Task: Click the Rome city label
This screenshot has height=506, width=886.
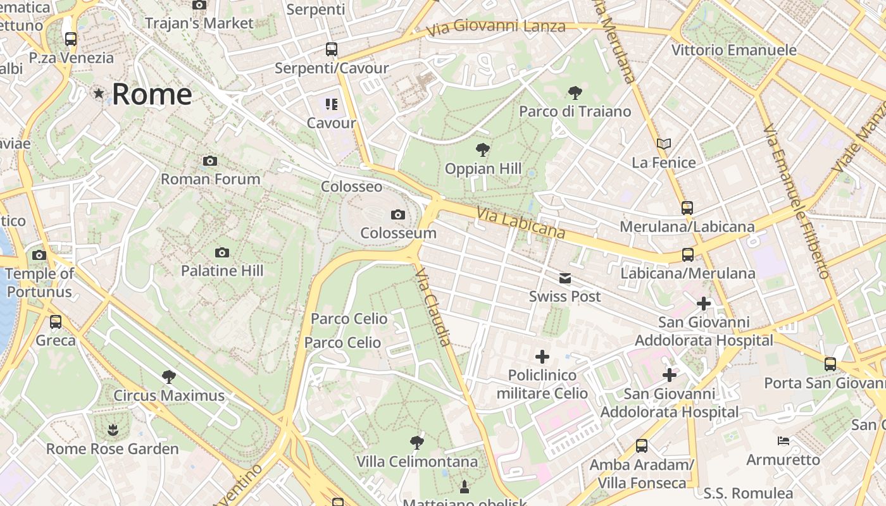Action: [152, 94]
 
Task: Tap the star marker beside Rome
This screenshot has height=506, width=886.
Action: [99, 94]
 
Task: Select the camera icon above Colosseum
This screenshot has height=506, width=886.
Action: [398, 214]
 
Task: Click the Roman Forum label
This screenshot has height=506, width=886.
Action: [210, 179]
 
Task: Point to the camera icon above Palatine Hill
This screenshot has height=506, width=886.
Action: [222, 252]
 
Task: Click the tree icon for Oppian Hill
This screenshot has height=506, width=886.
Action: [483, 150]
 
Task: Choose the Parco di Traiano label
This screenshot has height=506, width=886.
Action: [575, 111]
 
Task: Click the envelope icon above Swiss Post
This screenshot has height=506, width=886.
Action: [565, 278]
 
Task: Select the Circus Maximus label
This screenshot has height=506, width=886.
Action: [169, 396]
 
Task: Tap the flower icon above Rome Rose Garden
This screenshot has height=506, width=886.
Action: [113, 430]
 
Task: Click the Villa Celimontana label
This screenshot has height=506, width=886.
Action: [416, 462]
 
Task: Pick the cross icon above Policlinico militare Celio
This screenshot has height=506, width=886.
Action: [542, 356]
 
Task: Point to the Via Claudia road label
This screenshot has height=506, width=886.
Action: [433, 307]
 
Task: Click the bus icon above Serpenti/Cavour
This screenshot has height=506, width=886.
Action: [331, 49]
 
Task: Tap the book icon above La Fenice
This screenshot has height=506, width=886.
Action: [663, 144]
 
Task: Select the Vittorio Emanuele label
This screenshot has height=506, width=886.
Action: [733, 50]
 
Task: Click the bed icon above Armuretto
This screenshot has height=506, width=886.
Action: [783, 440]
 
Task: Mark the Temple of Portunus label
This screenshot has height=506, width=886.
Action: [39, 283]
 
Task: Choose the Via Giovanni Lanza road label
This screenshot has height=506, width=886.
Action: [496, 27]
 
